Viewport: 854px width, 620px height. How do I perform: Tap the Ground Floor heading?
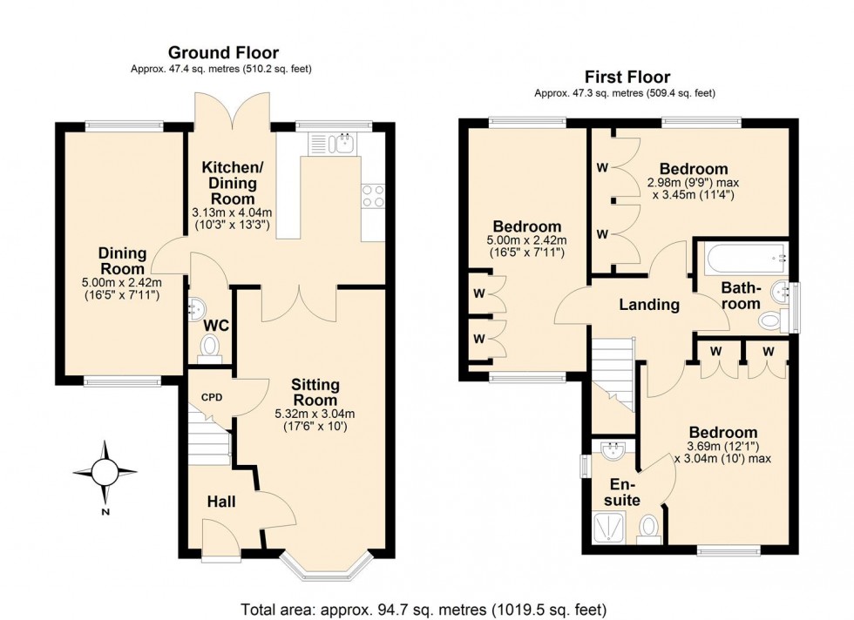[x=223, y=53]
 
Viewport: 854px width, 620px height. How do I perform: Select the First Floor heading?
[x=627, y=77]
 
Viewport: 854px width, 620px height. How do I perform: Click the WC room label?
[x=215, y=325]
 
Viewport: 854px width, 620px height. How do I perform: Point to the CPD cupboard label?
[x=212, y=397]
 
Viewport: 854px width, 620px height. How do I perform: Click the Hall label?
[x=221, y=502]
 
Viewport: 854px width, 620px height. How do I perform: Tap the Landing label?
[x=649, y=305]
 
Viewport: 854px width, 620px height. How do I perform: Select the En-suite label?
[x=625, y=492]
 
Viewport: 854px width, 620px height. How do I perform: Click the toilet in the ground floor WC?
[x=210, y=348]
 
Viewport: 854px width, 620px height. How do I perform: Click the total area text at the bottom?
[x=424, y=609]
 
